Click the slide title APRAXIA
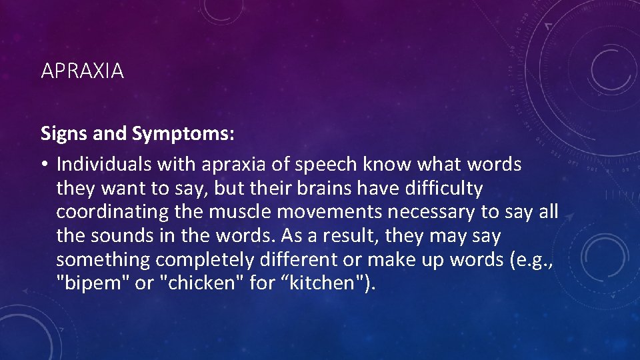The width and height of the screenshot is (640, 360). pyautogui.click(x=82, y=71)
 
